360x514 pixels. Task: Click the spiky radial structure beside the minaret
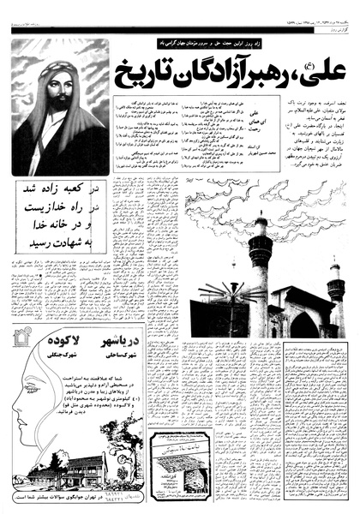(x=225, y=296)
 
